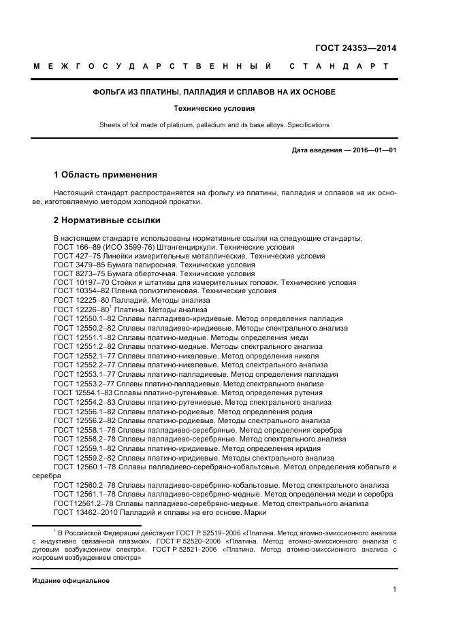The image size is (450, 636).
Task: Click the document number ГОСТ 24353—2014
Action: pyautogui.click(x=355, y=48)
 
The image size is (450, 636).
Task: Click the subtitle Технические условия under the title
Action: pyautogui.click(x=214, y=108)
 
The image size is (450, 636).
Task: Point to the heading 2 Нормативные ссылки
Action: pyautogui.click(x=107, y=220)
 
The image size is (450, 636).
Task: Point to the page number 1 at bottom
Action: pyautogui.click(x=394, y=590)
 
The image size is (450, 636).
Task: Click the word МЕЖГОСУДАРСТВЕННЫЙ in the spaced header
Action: pyautogui.click(x=153, y=67)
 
